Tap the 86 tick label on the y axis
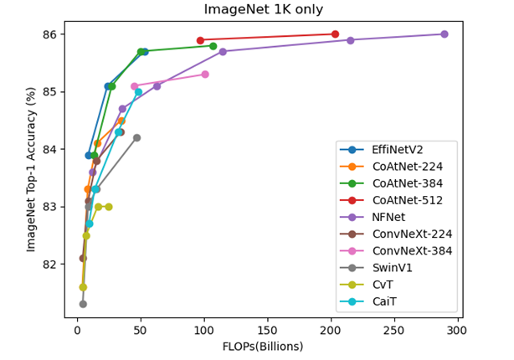[51, 34]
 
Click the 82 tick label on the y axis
[51, 264]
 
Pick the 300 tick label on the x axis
[456, 331]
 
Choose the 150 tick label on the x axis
[267, 331]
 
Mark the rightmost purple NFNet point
[444, 34]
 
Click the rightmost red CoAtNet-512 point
[335, 34]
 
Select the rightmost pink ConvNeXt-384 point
[205, 75]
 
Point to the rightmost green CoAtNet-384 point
[213, 46]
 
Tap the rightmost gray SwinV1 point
[136, 137]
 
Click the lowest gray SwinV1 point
[83, 304]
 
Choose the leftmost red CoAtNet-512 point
[200, 40]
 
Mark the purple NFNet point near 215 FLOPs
[350, 40]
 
